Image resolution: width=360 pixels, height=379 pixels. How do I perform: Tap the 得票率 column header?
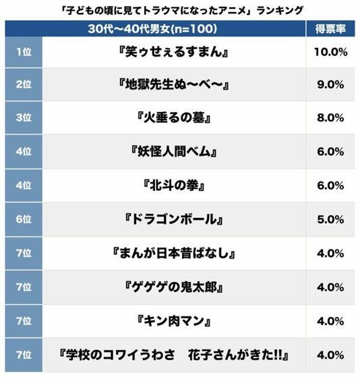pos(330,29)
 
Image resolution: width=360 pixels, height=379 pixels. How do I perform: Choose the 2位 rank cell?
pos(24,86)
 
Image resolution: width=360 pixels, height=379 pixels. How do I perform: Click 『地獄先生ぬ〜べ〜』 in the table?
pos(174,86)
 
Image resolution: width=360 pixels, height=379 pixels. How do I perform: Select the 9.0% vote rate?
pos(330,86)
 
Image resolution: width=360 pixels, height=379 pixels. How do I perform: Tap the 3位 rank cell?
pos(24,119)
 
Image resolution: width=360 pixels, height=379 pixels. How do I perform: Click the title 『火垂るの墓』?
pos(174,119)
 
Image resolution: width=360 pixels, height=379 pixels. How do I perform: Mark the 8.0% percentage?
pos(330,119)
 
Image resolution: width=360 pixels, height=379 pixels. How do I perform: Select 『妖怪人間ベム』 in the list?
pos(174,152)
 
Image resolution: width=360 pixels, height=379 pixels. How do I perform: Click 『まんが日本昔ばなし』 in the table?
pos(174,254)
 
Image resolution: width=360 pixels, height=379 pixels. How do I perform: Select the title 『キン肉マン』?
pos(174,321)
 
